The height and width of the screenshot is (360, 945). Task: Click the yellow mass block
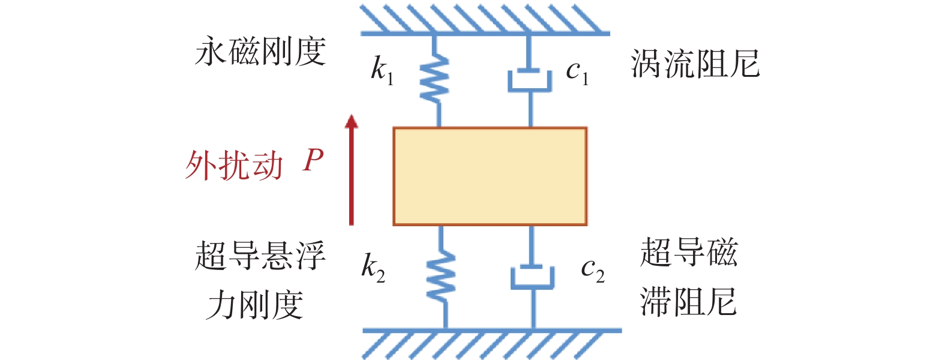490,176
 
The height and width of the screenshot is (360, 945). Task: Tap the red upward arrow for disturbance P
351,169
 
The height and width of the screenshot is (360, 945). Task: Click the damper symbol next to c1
530,80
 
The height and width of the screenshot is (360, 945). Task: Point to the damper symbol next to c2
532,277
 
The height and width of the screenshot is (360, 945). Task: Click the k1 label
382,70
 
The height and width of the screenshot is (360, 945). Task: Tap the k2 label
373,268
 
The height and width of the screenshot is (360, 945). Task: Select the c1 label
577,72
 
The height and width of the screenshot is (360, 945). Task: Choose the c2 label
593,270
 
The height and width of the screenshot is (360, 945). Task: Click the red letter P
313,160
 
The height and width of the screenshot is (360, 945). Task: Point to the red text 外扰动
234,166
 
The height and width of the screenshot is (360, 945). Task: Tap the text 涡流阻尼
695,64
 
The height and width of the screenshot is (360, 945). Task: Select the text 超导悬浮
260,256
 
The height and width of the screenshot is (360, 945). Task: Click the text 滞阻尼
689,301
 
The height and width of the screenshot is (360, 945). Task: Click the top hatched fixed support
485,19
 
